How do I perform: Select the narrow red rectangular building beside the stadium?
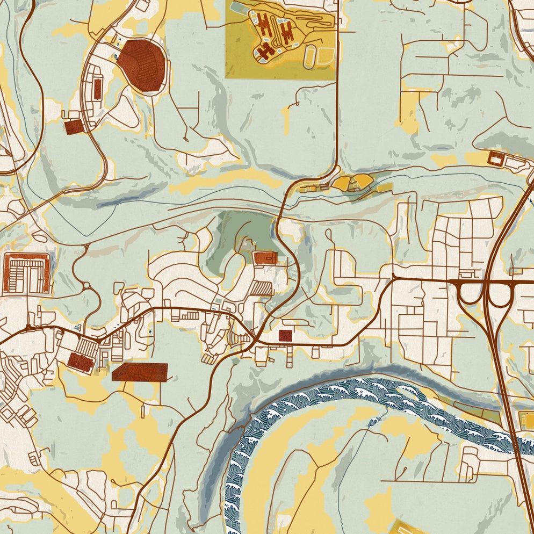coord(97,89)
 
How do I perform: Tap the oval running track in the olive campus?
coord(311,56)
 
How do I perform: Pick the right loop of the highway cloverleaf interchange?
coord(500,294)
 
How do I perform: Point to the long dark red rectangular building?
coord(140,372)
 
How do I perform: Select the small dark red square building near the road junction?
coord(285,336)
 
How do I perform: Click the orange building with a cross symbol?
coord(265,258)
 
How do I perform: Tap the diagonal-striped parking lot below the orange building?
coord(262,288)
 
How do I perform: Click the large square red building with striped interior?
coord(27,273)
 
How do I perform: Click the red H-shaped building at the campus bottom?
coord(264,51)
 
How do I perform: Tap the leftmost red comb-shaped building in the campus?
coord(264,24)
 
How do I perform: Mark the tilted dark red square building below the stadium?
coord(74,127)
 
